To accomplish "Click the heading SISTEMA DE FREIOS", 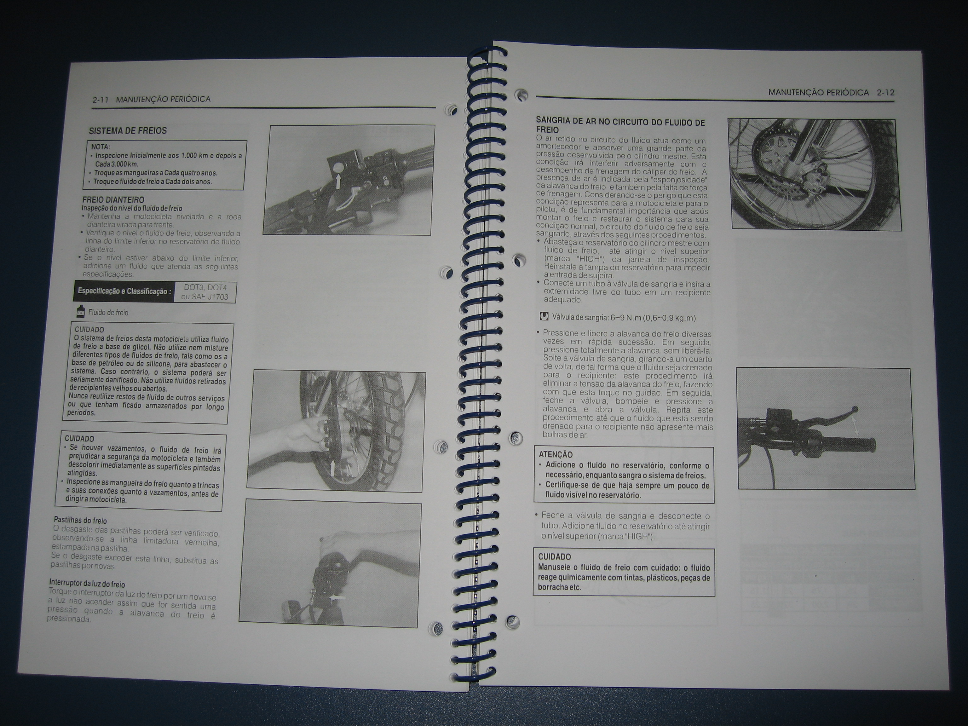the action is point(128,130).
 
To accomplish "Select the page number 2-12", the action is point(886,93).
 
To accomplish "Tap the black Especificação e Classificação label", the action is point(124,291).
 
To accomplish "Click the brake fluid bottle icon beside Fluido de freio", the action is point(81,312).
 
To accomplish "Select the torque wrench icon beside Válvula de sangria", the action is point(544,316).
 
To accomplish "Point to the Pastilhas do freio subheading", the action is point(80,520).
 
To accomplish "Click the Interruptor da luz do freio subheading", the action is point(87,584).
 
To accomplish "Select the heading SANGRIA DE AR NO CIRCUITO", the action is point(620,126).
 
